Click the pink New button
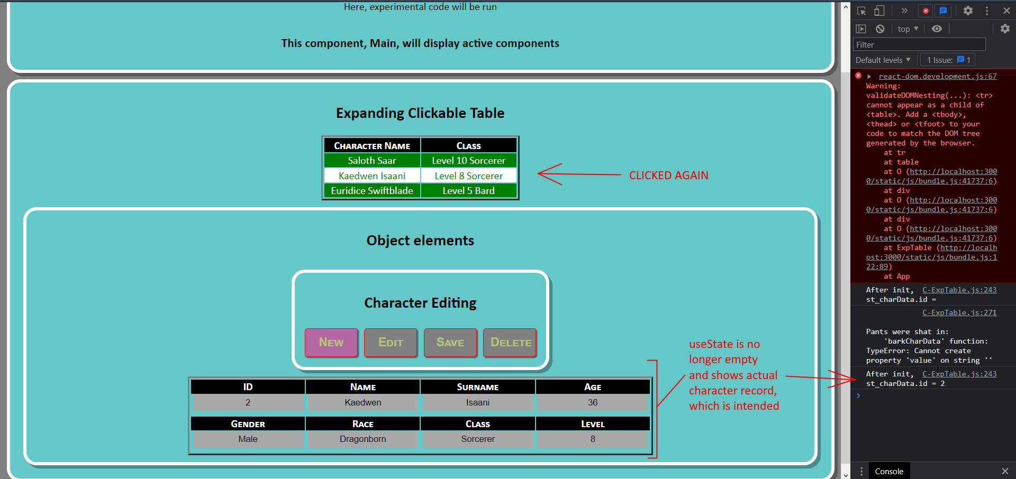(x=331, y=343)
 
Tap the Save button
(x=450, y=343)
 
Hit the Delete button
(x=510, y=343)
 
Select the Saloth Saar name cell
(x=372, y=161)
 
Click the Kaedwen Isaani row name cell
(x=372, y=176)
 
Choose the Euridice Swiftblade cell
(x=372, y=191)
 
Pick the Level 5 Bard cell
(x=468, y=191)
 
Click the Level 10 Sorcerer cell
(x=468, y=161)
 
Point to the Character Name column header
(x=372, y=146)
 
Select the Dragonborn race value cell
(x=363, y=439)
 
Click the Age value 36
(x=593, y=403)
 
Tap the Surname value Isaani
(x=478, y=403)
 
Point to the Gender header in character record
(x=248, y=424)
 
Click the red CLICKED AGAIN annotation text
(x=668, y=176)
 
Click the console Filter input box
(x=919, y=45)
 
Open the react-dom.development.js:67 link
(x=937, y=77)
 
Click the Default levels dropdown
(x=883, y=60)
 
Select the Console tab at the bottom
(x=889, y=471)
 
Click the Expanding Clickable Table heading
(x=420, y=113)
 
